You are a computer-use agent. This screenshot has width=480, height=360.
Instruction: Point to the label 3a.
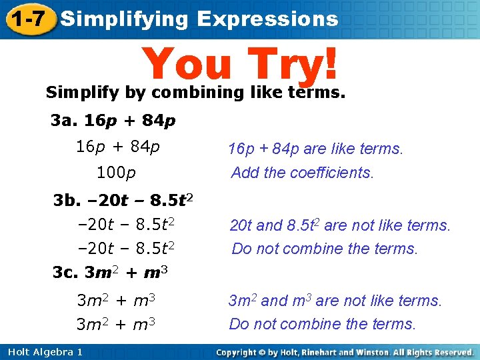[x=64, y=121]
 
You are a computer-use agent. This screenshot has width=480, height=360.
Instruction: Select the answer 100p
[x=116, y=173]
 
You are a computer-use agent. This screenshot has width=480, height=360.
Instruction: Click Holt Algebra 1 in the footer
[x=43, y=352]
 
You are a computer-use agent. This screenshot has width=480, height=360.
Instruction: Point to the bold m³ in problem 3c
[x=155, y=273]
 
